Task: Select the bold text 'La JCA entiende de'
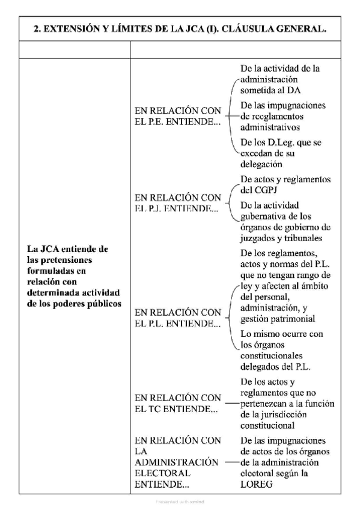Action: [68, 248]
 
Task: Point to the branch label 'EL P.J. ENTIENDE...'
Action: [177, 208]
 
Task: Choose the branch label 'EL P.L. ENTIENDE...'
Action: [177, 324]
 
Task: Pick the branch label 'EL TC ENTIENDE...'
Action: [176, 410]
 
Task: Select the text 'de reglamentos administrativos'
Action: [273, 121]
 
